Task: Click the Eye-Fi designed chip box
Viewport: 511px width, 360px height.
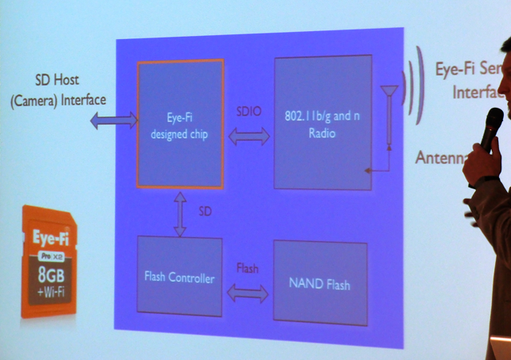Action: (x=180, y=124)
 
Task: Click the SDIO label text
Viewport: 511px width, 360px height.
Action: (x=249, y=113)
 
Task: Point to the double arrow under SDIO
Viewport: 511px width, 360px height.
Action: (x=249, y=137)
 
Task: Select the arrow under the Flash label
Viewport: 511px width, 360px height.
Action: (x=248, y=293)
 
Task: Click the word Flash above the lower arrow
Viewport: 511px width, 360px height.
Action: (x=248, y=270)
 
